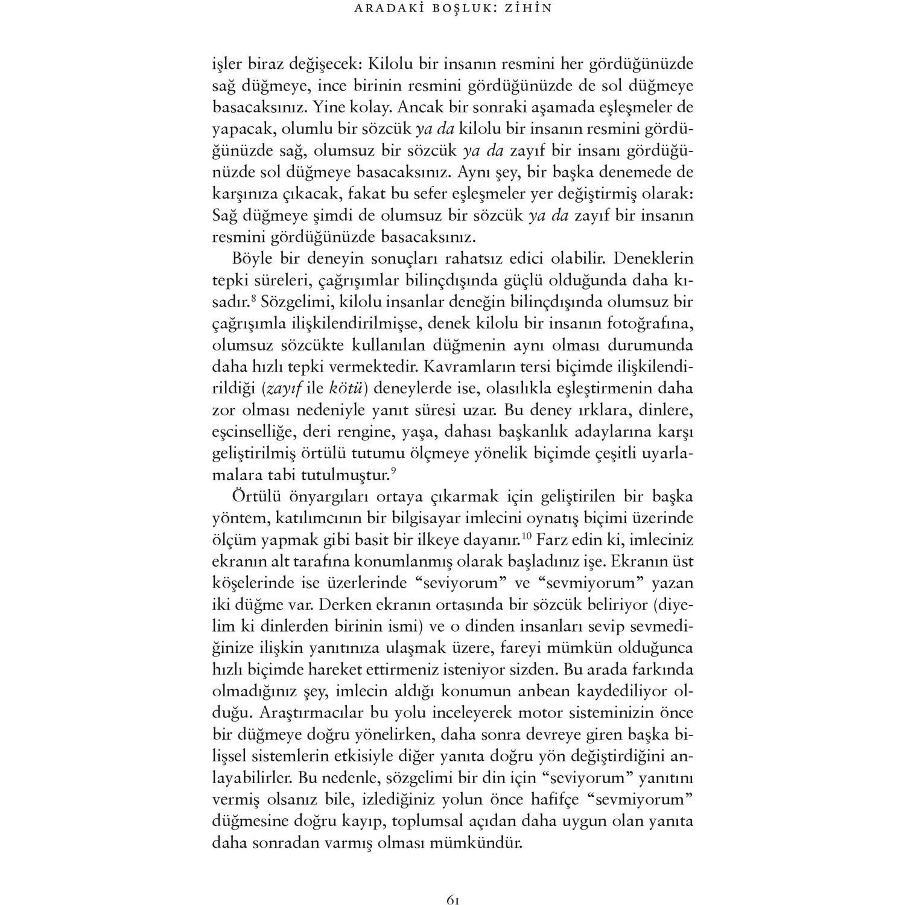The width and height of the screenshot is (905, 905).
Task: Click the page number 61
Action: [453, 884]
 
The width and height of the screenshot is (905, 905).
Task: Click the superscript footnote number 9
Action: [393, 471]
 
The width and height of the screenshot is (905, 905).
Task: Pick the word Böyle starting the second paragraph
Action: [253, 259]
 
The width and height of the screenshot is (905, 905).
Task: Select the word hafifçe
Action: [547, 799]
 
